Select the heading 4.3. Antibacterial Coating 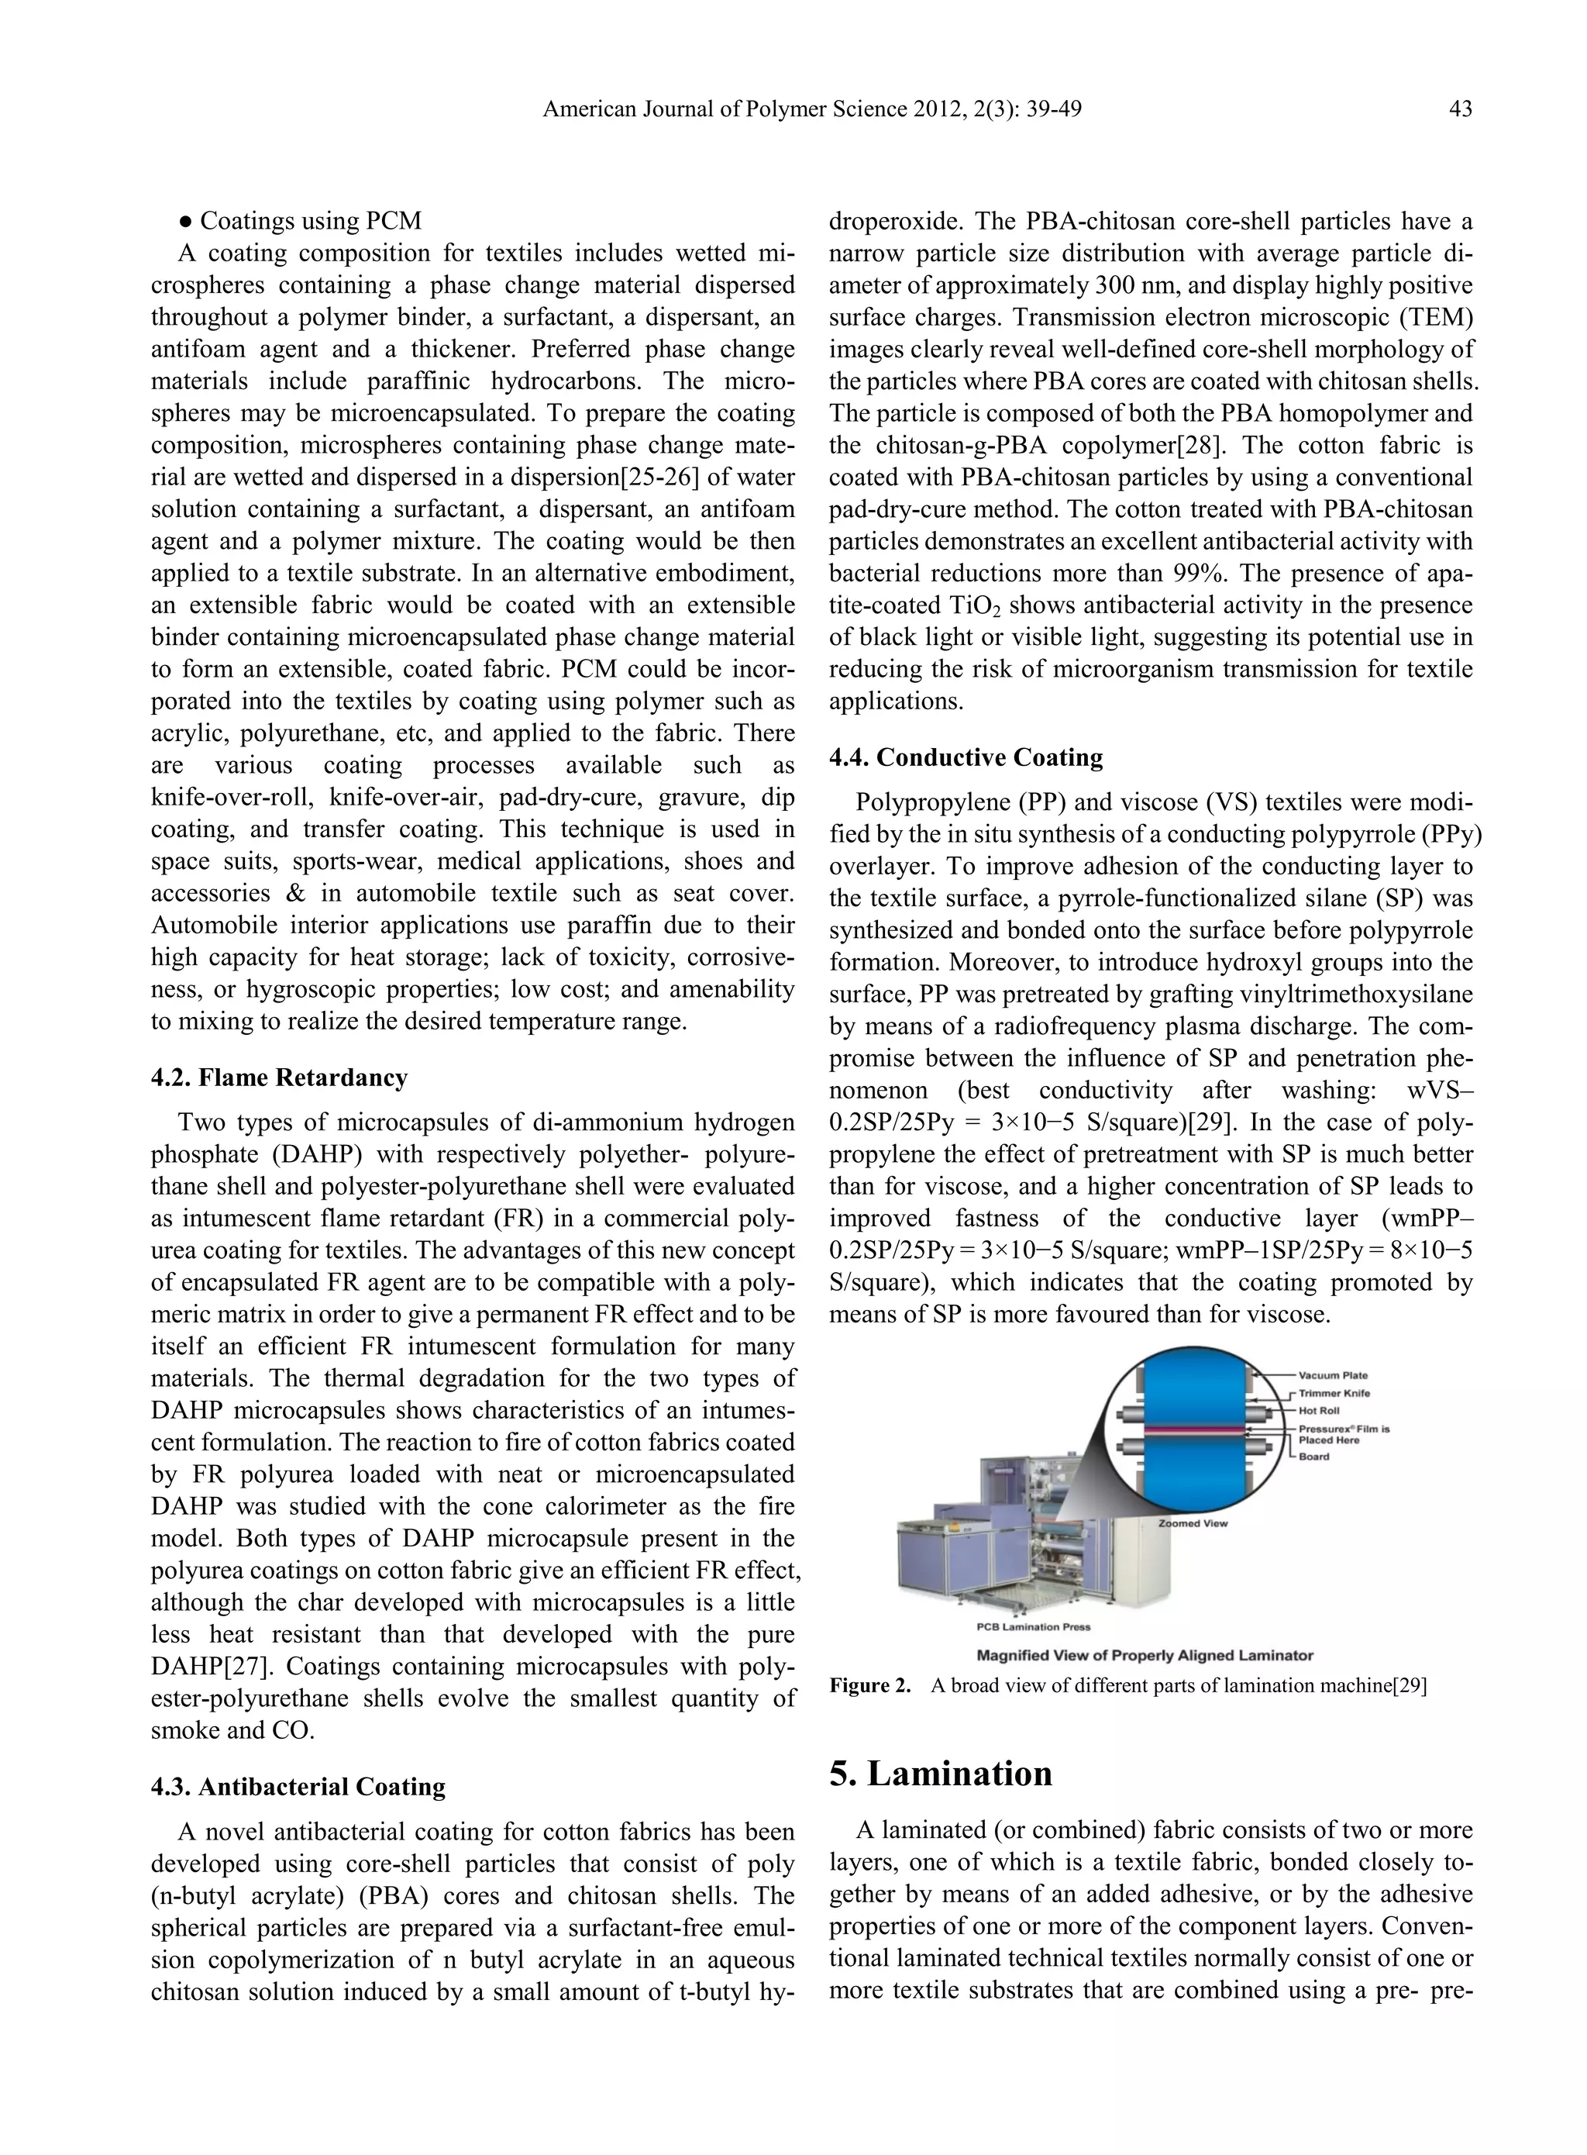click(298, 1787)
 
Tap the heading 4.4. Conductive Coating click(966, 758)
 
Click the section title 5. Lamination click(941, 1774)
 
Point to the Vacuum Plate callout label click(1334, 1376)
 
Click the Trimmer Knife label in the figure click(1334, 1393)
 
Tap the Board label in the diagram click(1314, 1457)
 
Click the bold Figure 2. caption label click(869, 1686)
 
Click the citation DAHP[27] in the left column click(201, 1667)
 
